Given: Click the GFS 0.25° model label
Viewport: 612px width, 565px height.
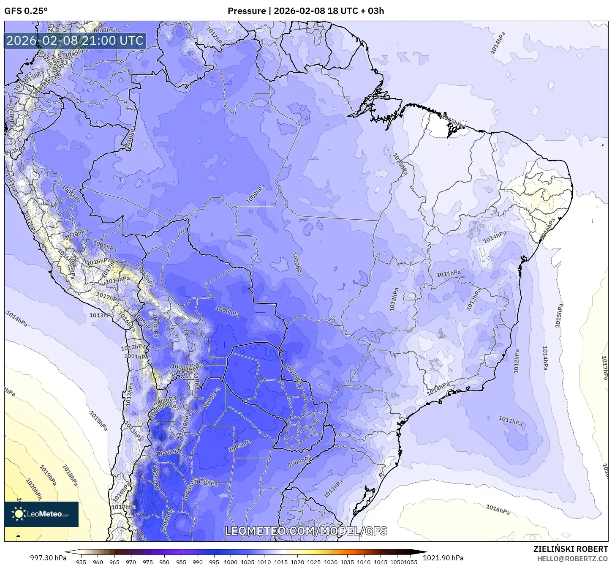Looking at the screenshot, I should coord(26,11).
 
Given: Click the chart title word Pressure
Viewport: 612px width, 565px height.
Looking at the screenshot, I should coord(247,11).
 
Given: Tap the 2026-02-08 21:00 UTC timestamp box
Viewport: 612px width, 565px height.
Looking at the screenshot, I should coord(75,41).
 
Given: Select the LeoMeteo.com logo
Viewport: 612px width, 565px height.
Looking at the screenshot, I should coord(41,514).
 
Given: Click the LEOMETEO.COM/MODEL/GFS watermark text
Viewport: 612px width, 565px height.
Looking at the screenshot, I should coord(306,531).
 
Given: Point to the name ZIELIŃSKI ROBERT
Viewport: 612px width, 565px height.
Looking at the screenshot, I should coord(570,549).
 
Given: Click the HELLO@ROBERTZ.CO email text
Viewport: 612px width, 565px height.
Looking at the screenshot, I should coord(572,559).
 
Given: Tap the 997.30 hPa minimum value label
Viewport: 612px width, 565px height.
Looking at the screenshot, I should coord(48,558).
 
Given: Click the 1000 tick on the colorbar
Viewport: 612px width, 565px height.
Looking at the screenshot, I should coord(231,562).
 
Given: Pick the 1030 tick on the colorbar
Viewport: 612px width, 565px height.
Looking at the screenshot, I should coord(330,562).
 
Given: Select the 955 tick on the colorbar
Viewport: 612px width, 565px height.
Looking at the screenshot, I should coord(81,562).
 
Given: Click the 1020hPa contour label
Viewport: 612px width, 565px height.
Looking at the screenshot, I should coord(34,489).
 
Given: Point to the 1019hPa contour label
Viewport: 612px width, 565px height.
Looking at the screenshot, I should coord(48,475).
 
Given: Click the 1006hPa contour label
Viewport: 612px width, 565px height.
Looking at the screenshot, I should coord(227,311).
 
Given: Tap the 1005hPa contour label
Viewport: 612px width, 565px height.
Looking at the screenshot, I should coord(240,446).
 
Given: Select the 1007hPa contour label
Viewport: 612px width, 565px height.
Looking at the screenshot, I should coord(293,374).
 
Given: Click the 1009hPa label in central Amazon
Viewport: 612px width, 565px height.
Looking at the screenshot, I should coord(256,194).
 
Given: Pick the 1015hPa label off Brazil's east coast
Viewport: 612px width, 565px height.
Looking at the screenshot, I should coord(559,315).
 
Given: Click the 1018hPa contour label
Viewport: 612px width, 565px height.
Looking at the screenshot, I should coord(70,475).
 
